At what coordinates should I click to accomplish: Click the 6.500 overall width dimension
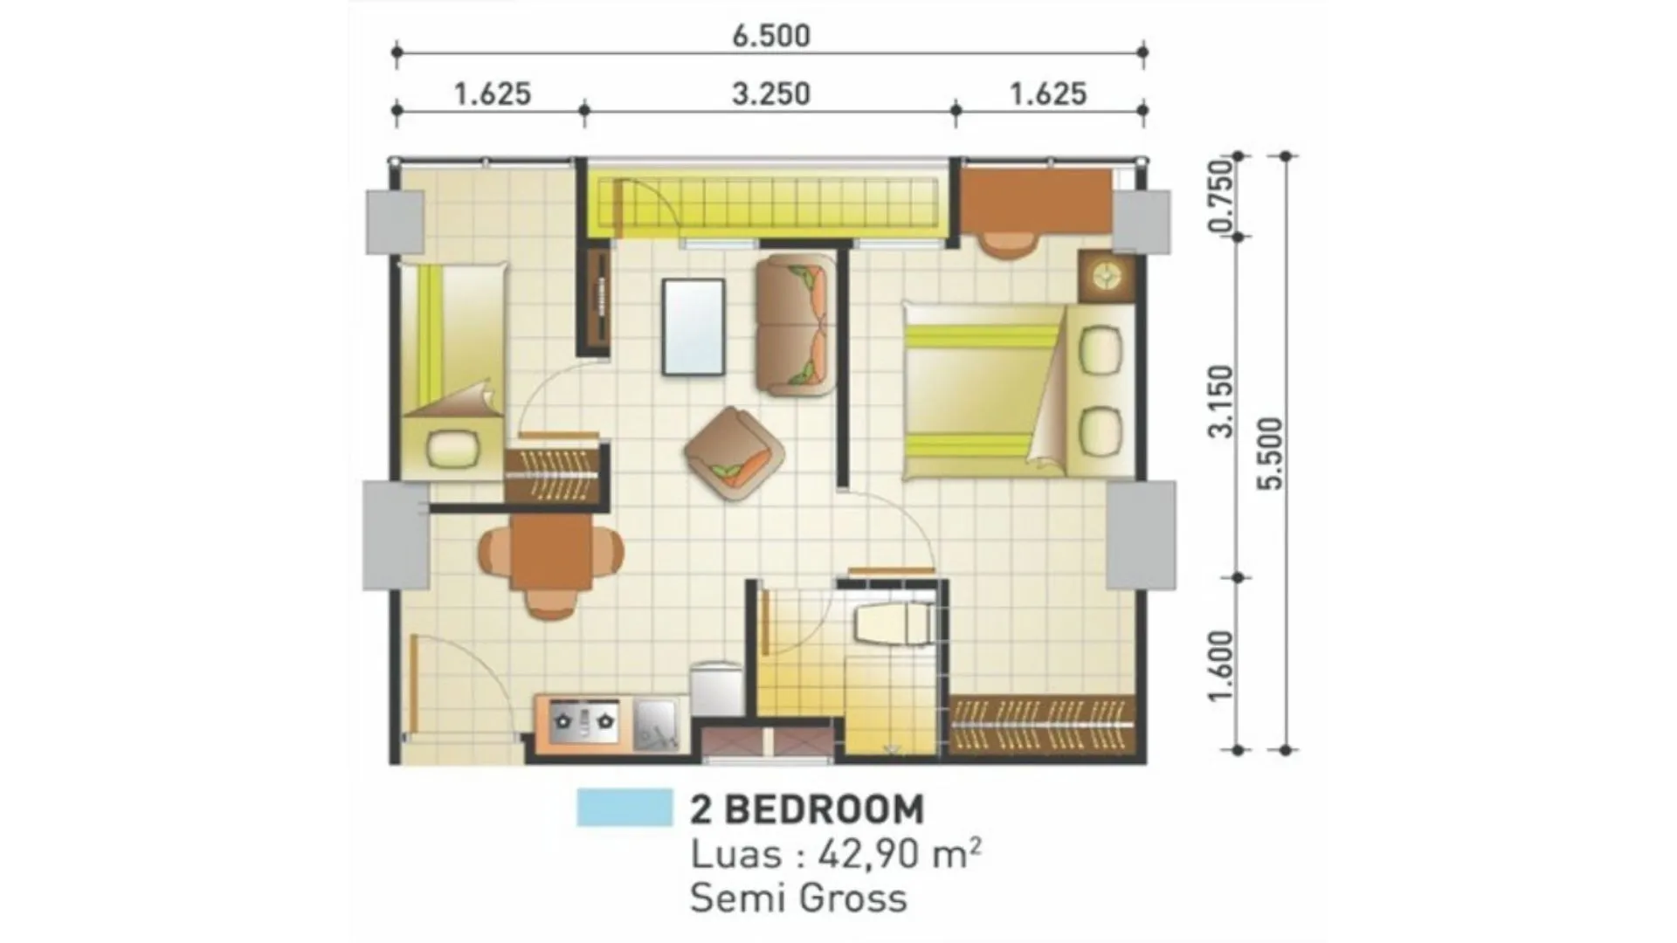(x=771, y=36)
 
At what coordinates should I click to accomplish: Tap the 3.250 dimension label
(x=771, y=94)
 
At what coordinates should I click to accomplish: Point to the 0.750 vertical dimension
(x=1221, y=196)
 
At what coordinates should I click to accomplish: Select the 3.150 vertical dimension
(x=1221, y=401)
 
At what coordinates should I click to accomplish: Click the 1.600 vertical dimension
(x=1221, y=665)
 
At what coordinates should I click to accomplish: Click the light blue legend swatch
(x=625, y=808)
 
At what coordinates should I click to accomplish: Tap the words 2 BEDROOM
(x=806, y=809)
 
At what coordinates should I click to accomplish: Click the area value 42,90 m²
(x=899, y=854)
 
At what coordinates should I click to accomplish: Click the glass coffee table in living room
(x=694, y=327)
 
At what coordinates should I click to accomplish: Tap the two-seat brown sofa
(x=795, y=326)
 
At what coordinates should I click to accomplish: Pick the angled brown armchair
(x=735, y=453)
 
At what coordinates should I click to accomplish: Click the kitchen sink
(x=656, y=724)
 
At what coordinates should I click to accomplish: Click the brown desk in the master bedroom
(x=1036, y=200)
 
